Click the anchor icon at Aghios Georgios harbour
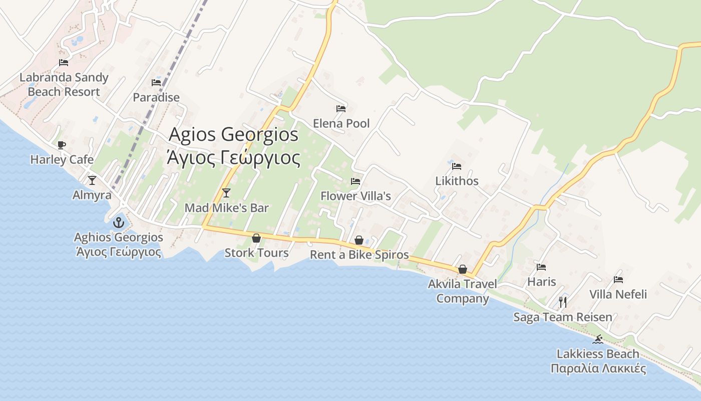[119, 222]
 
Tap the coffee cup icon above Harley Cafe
[62, 145]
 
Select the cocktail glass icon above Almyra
[92, 180]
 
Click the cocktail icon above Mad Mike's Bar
[226, 193]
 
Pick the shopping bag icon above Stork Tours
[256, 238]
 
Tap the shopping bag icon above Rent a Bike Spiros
[359, 241]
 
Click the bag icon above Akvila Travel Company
[463, 269]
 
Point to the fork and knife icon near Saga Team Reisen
[563, 302]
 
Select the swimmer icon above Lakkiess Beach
[598, 339]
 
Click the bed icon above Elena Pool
[341, 109]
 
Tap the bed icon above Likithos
[457, 166]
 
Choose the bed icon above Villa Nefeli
[618, 280]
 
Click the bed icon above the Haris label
[541, 267]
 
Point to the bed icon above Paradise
[156, 83]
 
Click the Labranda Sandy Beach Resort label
[64, 85]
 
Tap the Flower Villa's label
[356, 196]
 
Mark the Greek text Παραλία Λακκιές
[598, 369]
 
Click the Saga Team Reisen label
[563, 317]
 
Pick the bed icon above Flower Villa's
[356, 181]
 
